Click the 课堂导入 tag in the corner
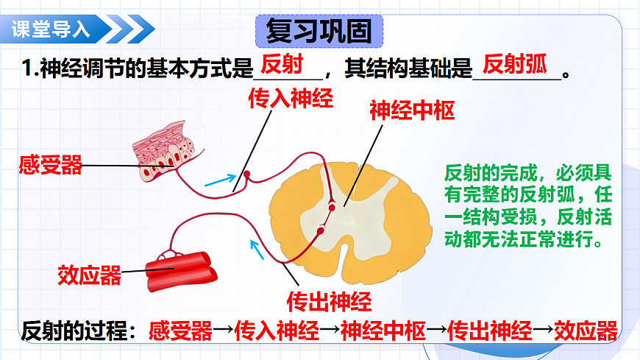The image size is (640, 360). coord(51,30)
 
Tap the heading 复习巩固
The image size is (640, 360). coord(319,32)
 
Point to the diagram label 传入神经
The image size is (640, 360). coord(290,99)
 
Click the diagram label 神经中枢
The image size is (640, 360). coord(413,111)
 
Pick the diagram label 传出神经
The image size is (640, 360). coord(329,300)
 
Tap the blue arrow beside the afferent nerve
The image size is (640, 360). coord(221,180)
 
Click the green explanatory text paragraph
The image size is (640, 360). coord(527,207)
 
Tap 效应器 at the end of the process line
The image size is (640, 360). coord(586,331)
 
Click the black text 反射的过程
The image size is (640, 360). coord(74,331)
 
